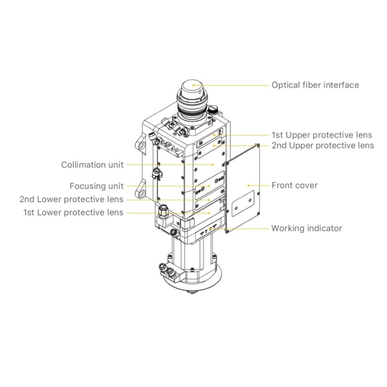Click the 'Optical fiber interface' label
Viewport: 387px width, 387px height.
[x=315, y=85]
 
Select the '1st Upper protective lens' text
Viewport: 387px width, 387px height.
[x=322, y=134]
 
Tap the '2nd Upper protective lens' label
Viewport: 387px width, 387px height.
[x=322, y=145]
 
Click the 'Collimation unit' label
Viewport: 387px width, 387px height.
[x=92, y=164]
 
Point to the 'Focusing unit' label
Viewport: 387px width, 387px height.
[x=96, y=186]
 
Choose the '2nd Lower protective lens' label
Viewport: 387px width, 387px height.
[x=71, y=199]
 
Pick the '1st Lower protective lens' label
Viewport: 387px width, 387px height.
[x=73, y=212]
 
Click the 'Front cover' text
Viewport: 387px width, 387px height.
[x=294, y=185]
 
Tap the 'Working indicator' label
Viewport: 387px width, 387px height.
[x=306, y=228]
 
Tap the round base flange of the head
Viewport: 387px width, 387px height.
[x=193, y=281]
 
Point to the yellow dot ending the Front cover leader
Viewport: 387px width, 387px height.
[x=249, y=185]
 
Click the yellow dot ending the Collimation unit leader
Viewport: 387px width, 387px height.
[x=212, y=164]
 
